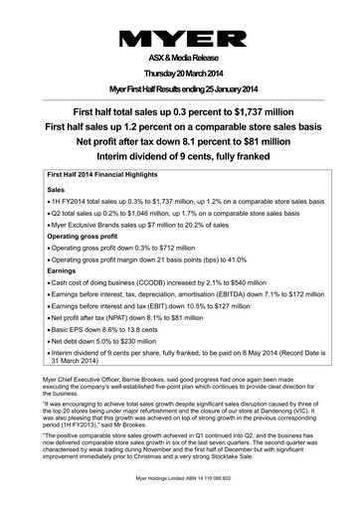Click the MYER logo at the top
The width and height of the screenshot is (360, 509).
click(180, 39)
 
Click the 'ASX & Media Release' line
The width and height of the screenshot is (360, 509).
click(180, 58)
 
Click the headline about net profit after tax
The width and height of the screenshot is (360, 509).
click(180, 143)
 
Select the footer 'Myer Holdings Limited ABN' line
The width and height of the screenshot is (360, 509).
click(180, 500)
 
